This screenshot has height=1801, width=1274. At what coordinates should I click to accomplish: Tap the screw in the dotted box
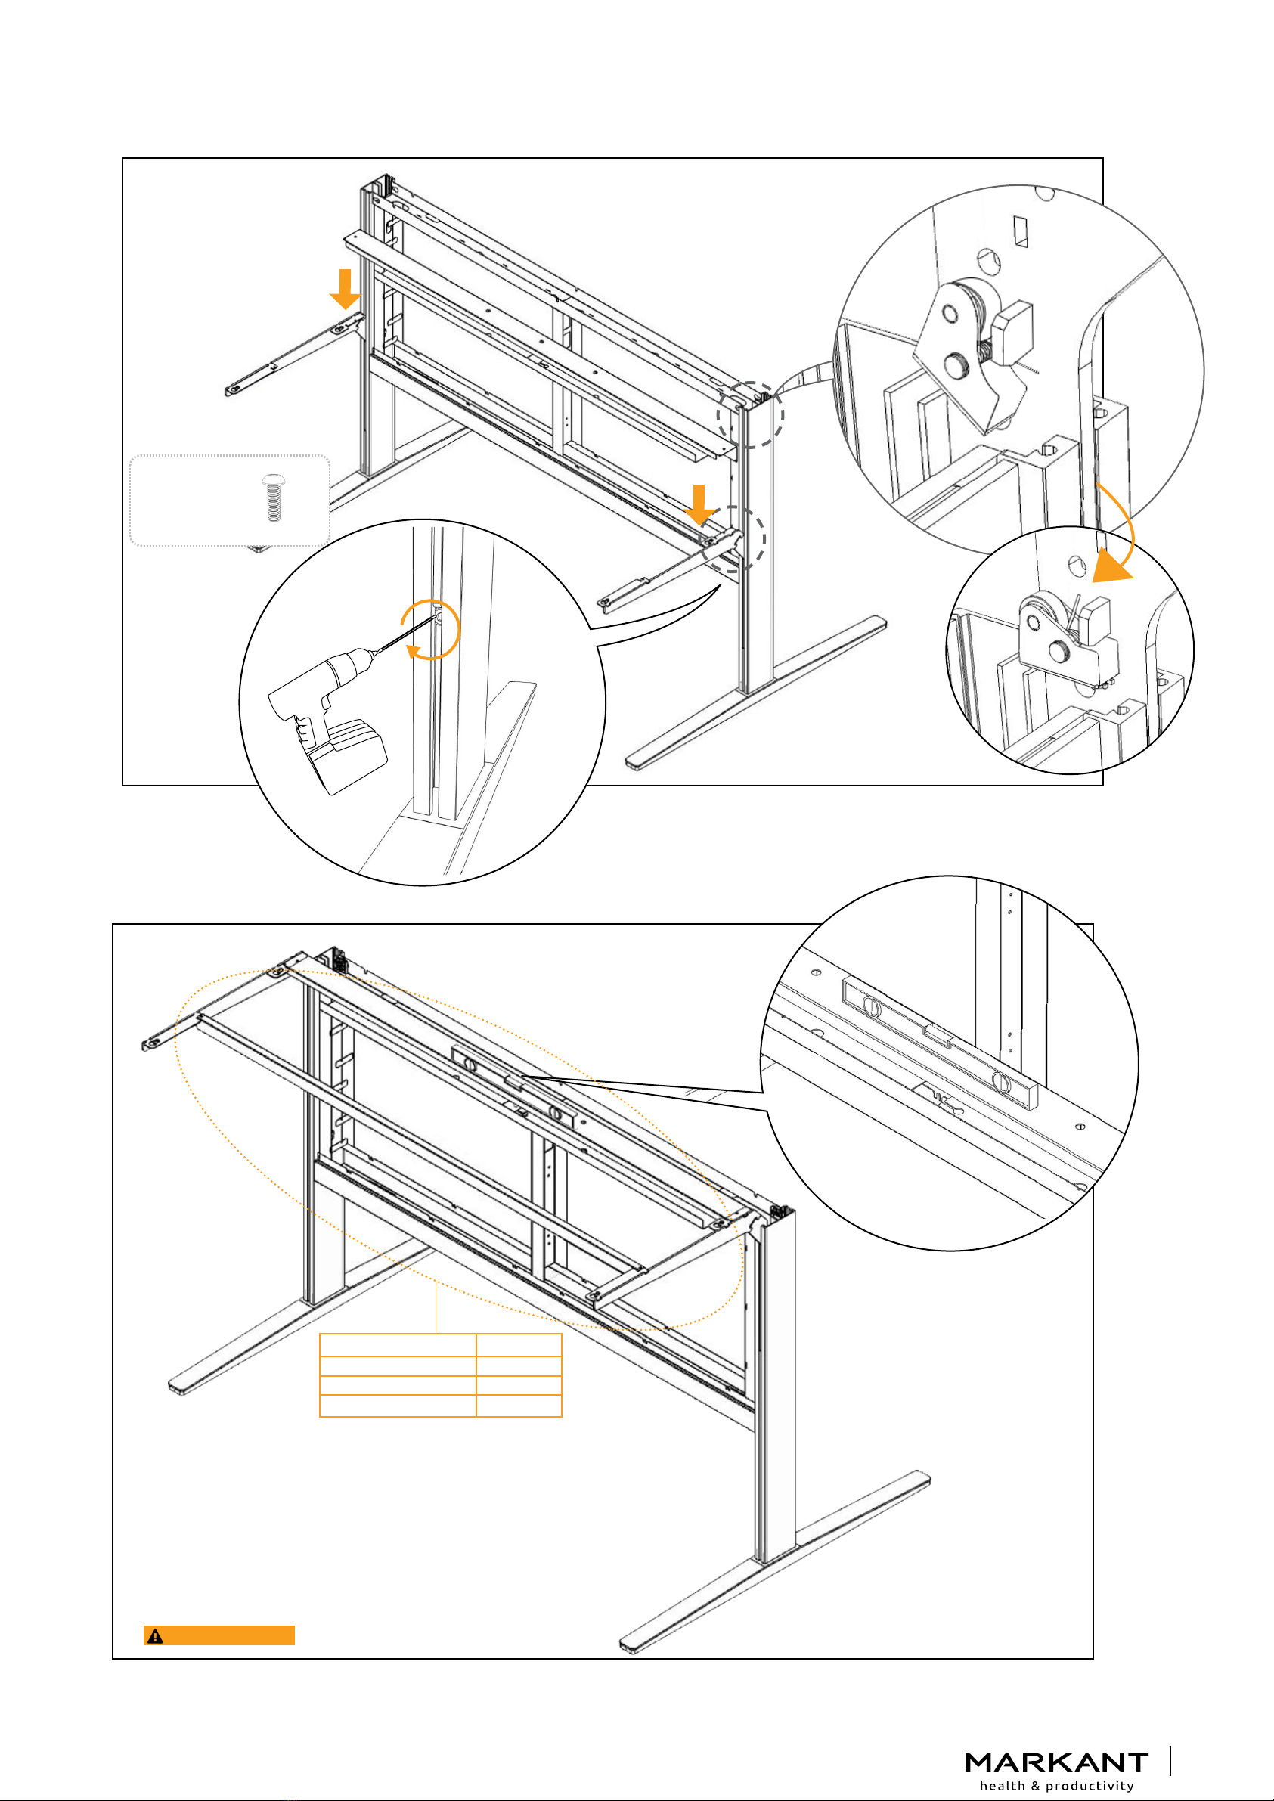click(x=273, y=498)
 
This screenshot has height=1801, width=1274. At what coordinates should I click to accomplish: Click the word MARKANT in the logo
click(x=1056, y=1762)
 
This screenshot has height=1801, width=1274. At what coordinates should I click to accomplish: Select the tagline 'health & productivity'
click(x=1056, y=1786)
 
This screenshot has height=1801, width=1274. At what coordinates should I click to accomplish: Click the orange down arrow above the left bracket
click(x=344, y=289)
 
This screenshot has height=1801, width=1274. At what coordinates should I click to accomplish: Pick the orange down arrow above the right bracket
click(x=699, y=504)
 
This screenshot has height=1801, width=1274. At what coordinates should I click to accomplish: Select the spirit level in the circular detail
click(x=940, y=1043)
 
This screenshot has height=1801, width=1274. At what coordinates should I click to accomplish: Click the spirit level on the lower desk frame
click(x=515, y=1086)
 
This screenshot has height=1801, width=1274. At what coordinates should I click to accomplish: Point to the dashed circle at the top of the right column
click(x=751, y=414)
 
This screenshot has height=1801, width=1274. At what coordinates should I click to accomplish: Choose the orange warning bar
click(x=220, y=1635)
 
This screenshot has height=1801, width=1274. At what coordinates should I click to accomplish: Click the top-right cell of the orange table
click(x=519, y=1344)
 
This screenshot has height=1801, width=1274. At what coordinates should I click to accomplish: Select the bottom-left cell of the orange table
click(x=397, y=1406)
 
